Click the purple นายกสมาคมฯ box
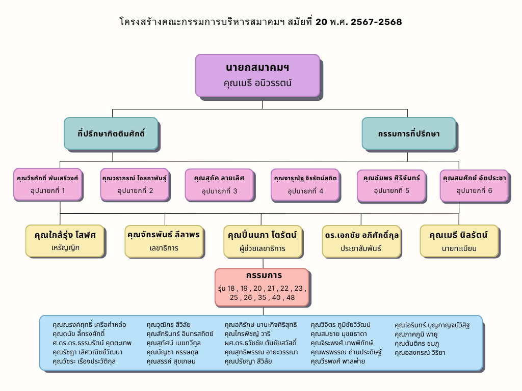click(x=257, y=75)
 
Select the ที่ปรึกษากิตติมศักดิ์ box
click(x=111, y=133)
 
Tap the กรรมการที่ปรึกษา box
click(x=408, y=133)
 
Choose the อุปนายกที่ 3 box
click(x=219, y=184)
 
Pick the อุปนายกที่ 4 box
click(x=305, y=184)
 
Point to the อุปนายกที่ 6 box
click(x=474, y=184)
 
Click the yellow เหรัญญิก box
click(x=65, y=241)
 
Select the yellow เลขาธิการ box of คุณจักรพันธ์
click(x=164, y=241)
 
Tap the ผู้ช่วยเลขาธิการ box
click(x=263, y=241)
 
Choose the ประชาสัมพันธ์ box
click(x=361, y=241)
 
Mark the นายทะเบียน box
click(x=459, y=241)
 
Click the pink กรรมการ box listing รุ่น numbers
click(x=262, y=287)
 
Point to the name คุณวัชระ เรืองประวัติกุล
click(x=84, y=361)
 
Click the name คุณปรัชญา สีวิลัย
click(x=248, y=361)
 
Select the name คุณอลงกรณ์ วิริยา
click(x=420, y=352)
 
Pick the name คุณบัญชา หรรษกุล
click(x=172, y=352)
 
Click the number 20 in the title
click(x=322, y=22)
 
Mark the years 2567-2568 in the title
click(x=376, y=22)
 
